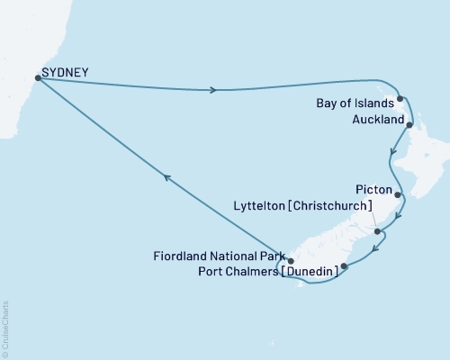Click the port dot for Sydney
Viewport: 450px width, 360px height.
click(37, 77)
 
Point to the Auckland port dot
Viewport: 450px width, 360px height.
click(409, 125)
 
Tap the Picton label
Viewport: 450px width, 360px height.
click(373, 191)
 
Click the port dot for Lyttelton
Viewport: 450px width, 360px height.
click(378, 219)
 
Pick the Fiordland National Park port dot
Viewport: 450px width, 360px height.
click(290, 261)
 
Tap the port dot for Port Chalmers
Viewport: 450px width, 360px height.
click(344, 266)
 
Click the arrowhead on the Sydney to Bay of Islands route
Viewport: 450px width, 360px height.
click(213, 89)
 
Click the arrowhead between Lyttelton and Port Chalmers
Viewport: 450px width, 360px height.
click(375, 244)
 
